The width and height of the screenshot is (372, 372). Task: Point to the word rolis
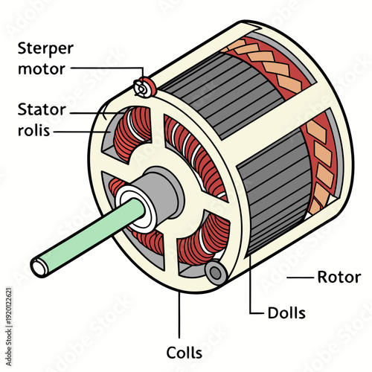click(x=36, y=132)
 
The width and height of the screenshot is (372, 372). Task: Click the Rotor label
click(x=339, y=278)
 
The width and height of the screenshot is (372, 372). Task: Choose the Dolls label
click(x=286, y=312)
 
